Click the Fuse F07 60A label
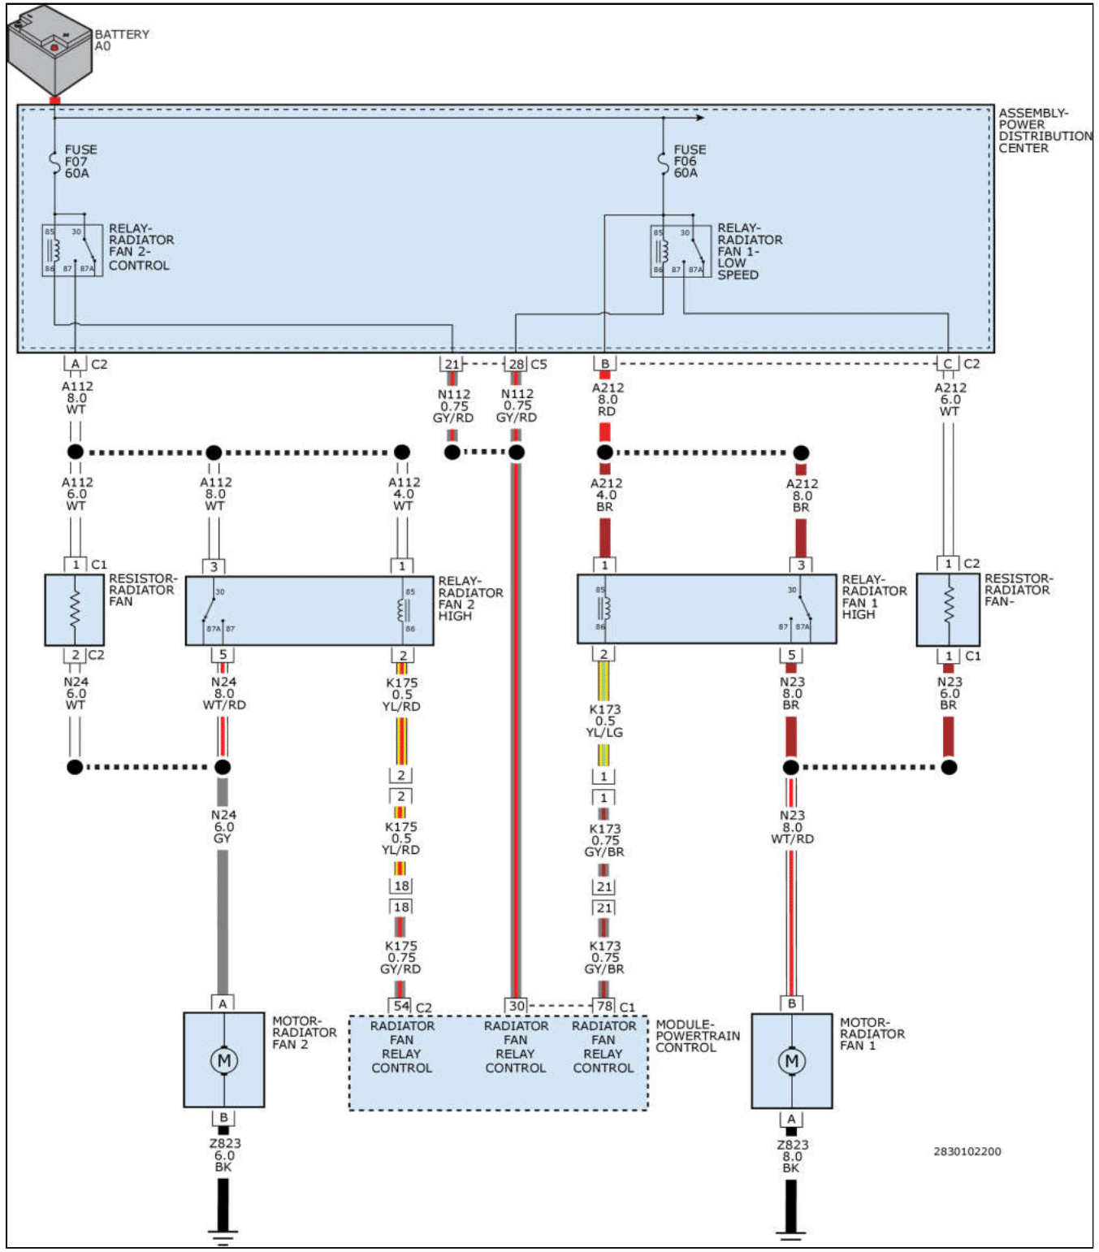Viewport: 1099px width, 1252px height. click(x=80, y=161)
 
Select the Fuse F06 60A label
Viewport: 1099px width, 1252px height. click(x=689, y=161)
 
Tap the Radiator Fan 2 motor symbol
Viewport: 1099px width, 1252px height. click(x=223, y=1059)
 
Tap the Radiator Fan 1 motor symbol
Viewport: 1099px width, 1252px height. click(x=792, y=1060)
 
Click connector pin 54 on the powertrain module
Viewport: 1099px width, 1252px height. click(x=401, y=1006)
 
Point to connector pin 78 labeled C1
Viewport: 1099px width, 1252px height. click(x=604, y=1006)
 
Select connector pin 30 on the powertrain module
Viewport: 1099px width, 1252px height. click(x=517, y=1006)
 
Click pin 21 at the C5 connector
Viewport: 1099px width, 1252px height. click(x=452, y=364)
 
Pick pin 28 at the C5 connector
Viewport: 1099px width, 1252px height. click(x=516, y=364)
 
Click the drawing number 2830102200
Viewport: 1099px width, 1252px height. click(x=967, y=1151)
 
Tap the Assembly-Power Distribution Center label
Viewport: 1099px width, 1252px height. click(x=1044, y=130)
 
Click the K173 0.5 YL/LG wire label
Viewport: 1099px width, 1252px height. click(x=604, y=721)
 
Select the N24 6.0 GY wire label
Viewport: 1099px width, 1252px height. click(x=223, y=826)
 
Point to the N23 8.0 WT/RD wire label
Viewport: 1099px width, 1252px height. click(x=792, y=827)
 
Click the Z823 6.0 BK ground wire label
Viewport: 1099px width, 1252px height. click(x=223, y=1155)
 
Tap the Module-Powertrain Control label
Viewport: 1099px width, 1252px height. click(x=697, y=1036)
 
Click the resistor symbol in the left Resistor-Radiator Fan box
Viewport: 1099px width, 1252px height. click(x=75, y=609)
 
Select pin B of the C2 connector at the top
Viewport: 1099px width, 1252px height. click(x=604, y=364)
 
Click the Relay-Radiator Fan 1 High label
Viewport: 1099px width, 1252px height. click(x=873, y=597)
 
